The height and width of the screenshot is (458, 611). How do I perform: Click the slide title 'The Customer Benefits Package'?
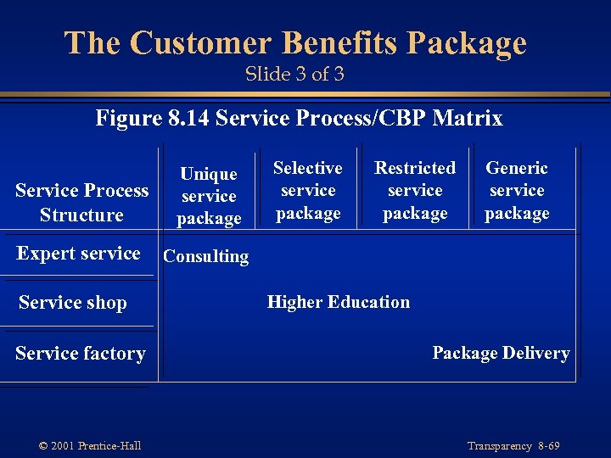point(295,42)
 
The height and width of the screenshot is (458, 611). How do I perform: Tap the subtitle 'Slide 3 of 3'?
point(294,75)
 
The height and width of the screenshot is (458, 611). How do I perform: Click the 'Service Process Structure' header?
point(81,203)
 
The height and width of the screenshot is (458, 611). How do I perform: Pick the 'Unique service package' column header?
point(209,196)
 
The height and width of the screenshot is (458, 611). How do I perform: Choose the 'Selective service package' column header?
point(308,191)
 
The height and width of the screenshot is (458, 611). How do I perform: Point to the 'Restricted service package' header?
point(415,191)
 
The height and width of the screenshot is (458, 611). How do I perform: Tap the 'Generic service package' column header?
point(517,191)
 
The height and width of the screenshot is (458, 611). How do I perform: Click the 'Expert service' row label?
point(78,253)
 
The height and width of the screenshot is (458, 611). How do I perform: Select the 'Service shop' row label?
point(72,303)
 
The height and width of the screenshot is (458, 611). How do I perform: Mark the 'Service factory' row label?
point(81,353)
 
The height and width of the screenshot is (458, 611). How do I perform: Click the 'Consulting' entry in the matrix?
point(206,256)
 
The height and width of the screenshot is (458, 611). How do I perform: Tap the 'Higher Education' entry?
point(338,302)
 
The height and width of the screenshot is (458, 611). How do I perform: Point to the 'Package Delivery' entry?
point(501,353)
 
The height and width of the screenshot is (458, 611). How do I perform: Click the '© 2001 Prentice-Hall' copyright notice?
point(90,446)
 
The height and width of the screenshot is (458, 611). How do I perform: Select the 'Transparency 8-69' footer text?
point(513,446)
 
